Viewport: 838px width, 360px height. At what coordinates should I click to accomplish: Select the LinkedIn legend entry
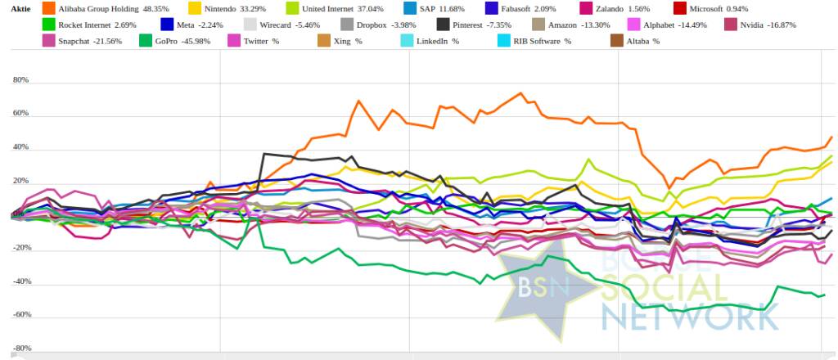(437, 41)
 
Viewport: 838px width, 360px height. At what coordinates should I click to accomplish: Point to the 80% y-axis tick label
(20, 81)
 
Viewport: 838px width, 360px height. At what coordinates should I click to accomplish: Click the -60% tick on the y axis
(19, 315)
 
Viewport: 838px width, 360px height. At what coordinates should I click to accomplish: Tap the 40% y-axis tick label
(20, 148)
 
